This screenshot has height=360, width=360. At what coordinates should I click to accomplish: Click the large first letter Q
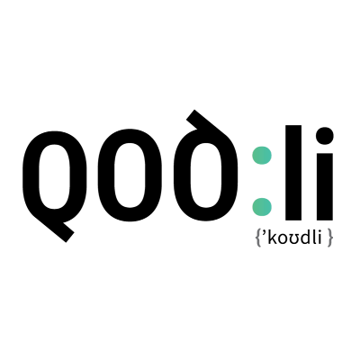[31, 177]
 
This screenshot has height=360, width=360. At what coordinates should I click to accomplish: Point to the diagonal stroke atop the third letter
[207, 124]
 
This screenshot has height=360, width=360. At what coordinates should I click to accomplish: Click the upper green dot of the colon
[262, 156]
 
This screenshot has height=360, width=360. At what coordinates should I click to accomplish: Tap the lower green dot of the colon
[262, 207]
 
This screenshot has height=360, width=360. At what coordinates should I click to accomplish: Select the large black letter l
[293, 173]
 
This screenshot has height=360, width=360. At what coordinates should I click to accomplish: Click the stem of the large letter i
[325, 187]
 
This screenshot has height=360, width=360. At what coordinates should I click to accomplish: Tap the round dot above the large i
[325, 136]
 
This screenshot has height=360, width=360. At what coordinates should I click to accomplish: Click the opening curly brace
[257, 238]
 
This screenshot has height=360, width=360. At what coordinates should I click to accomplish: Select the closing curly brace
[330, 238]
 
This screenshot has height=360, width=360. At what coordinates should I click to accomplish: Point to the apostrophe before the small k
[264, 234]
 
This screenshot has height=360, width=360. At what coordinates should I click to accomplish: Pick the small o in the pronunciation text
[281, 239]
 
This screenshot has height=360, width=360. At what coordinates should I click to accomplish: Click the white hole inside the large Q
[55, 176]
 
